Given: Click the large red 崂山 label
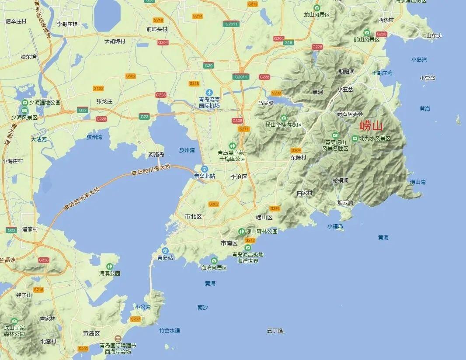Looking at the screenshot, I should pyautogui.click(x=371, y=127).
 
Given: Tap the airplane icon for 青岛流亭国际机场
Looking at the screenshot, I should pyautogui.click(x=209, y=93).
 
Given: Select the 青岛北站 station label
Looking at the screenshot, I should pyautogui.click(x=205, y=176).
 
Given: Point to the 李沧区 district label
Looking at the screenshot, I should pyautogui.click(x=239, y=177).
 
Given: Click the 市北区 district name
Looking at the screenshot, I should pyautogui.click(x=193, y=217).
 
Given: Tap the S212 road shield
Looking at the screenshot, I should pyautogui.click(x=250, y=240).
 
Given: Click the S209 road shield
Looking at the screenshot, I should pyautogui.click(x=296, y=151).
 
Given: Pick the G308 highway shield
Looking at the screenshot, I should pyautogui.click(x=237, y=121).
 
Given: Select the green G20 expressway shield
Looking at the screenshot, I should pyautogui.click(x=208, y=66).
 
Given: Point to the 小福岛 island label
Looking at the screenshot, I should pyautogui.click(x=335, y=226).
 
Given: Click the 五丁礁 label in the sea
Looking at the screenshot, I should pyautogui.click(x=275, y=331).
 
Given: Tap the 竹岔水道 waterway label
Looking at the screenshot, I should pyautogui.click(x=170, y=331).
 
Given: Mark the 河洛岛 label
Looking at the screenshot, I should pyautogui.click(x=156, y=155).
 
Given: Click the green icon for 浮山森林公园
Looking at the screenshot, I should pyautogui.click(x=241, y=231).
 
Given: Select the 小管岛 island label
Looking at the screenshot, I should pyautogui.click(x=427, y=78).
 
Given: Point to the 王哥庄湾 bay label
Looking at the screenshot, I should pyautogui.click(x=382, y=73).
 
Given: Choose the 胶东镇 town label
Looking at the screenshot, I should pyautogui.click(x=28, y=57).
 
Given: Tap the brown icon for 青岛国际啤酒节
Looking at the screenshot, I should pyautogui.click(x=118, y=339).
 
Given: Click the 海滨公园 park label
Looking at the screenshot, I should pyautogui.click(x=109, y=273).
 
